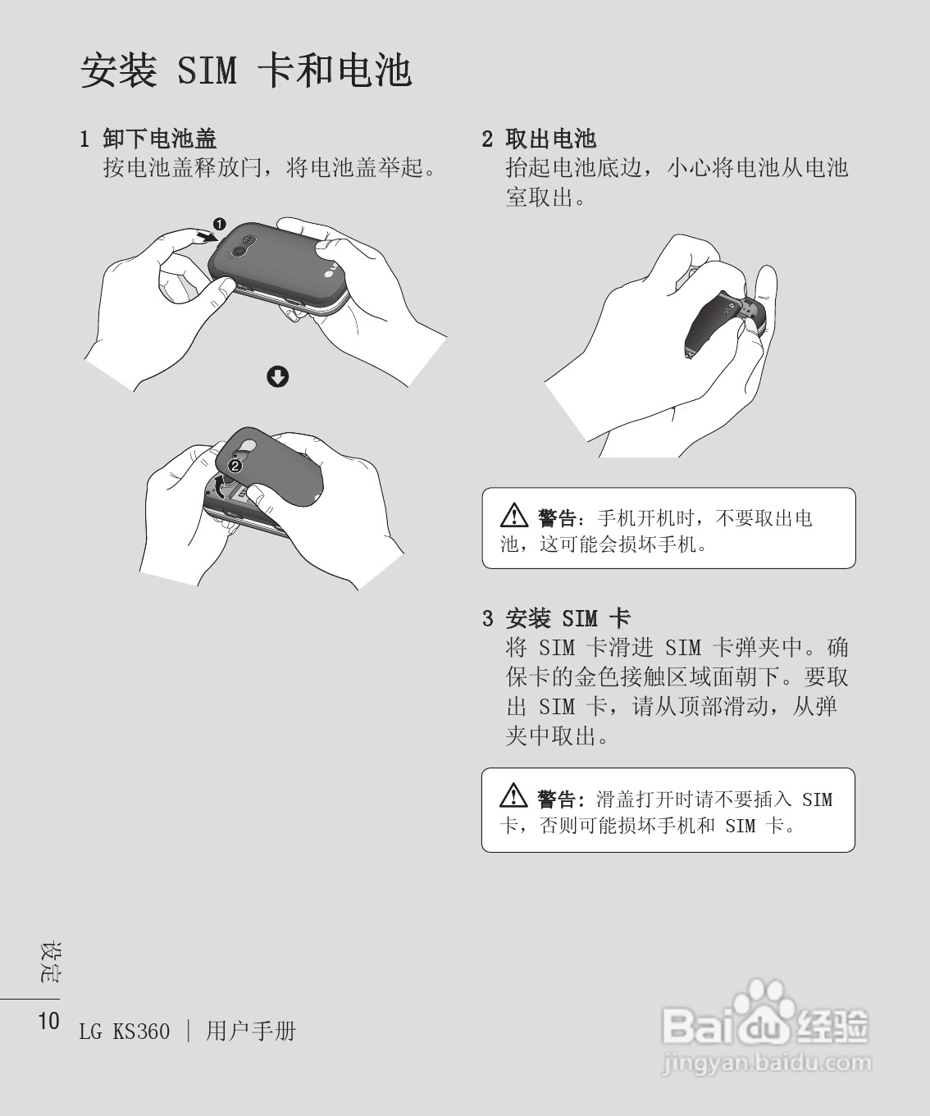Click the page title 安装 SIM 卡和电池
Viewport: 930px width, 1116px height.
[245, 71]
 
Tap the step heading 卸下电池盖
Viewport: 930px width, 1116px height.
[159, 139]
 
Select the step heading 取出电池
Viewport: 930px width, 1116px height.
[550, 139]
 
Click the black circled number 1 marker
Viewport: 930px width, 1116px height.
[219, 223]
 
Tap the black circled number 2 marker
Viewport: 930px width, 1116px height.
[235, 465]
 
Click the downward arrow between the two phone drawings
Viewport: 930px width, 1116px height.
[278, 376]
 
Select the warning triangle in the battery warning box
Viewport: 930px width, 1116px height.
[513, 517]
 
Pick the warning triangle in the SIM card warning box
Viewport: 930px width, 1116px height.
[513, 796]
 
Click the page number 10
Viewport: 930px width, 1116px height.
[48, 1021]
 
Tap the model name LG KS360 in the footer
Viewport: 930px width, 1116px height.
[125, 1032]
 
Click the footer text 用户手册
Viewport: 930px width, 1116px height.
[250, 1031]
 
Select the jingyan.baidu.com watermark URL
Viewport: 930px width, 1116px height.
[764, 1064]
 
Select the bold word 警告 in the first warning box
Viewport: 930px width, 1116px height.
[558, 518]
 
